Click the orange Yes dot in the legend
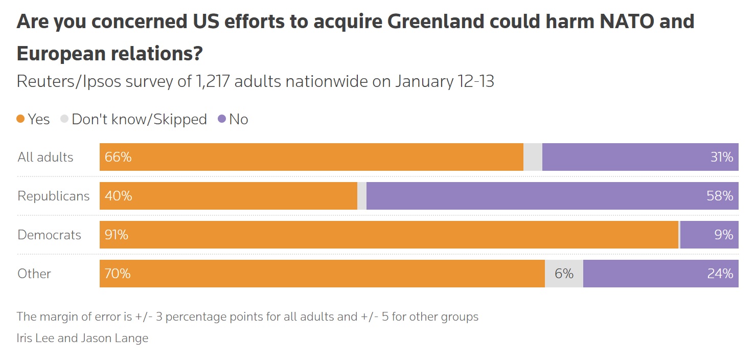[21, 119]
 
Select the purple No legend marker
[221, 119]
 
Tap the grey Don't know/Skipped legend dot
[64, 119]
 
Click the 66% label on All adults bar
[118, 157]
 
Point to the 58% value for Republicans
[720, 196]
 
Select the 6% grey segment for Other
[564, 274]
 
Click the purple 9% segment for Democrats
[708, 235]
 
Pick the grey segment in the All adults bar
[533, 157]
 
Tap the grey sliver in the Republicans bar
[362, 196]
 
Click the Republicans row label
[53, 196]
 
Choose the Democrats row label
[49, 235]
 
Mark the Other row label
[34, 274]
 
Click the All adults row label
[45, 157]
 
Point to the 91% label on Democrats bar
[117, 235]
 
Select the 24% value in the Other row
[720, 274]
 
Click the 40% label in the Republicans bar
[118, 196]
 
